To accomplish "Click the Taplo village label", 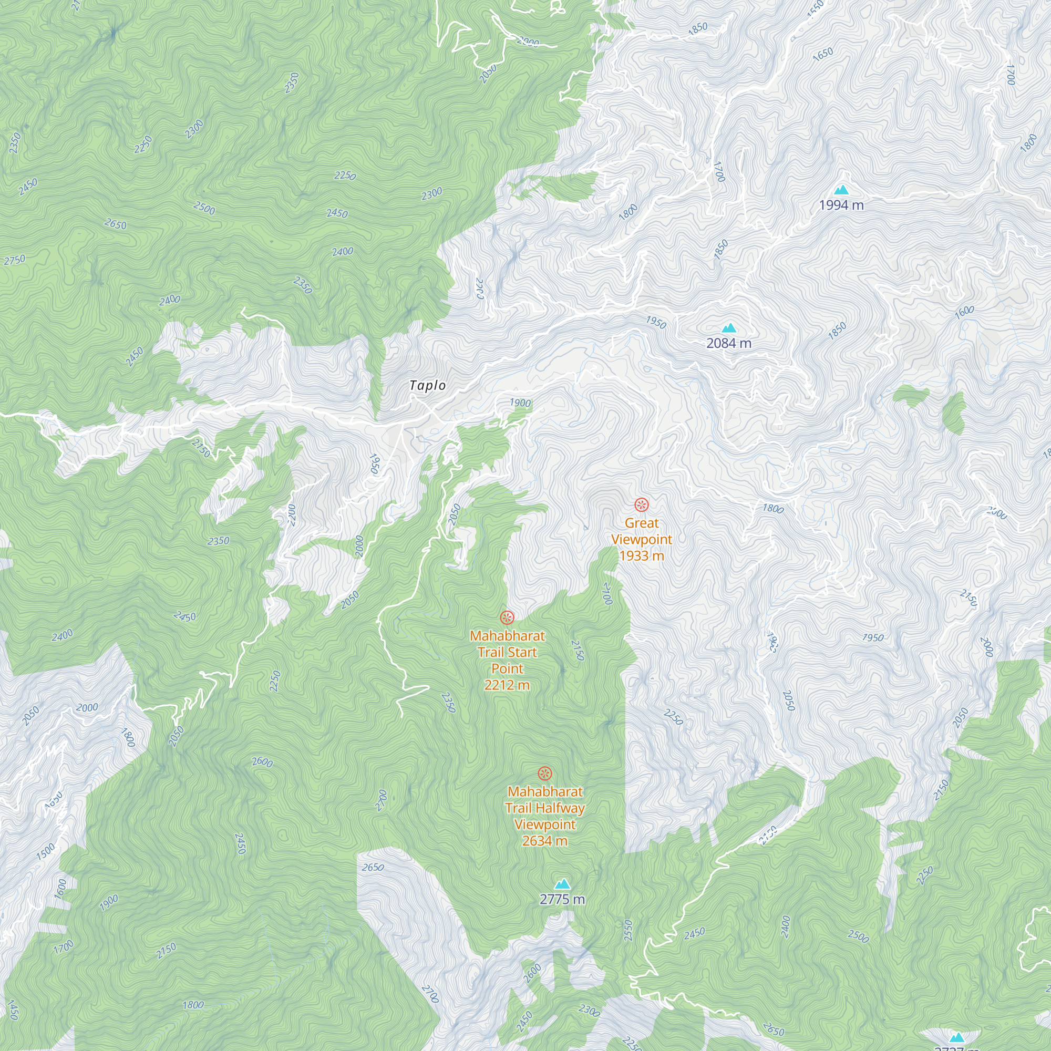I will [x=428, y=386].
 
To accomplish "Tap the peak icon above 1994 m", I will [x=841, y=190].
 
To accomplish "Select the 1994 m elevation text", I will [x=841, y=205].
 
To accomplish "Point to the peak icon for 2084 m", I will [x=729, y=328].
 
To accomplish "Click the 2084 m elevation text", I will [x=729, y=343].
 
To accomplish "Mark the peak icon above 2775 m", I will [x=562, y=884].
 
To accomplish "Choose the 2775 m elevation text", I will [x=562, y=899].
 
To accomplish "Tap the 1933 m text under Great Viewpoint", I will [x=642, y=555].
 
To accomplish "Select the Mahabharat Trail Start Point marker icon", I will [x=507, y=617].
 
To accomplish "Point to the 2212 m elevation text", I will [x=507, y=685].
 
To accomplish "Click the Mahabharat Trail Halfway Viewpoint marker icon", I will [x=545, y=774].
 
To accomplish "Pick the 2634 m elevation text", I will [x=545, y=841].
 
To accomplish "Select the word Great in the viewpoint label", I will [x=642, y=523].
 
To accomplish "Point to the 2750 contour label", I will [x=15, y=260].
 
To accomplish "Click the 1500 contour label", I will [x=46, y=851].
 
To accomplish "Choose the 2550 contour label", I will [x=628, y=930].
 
